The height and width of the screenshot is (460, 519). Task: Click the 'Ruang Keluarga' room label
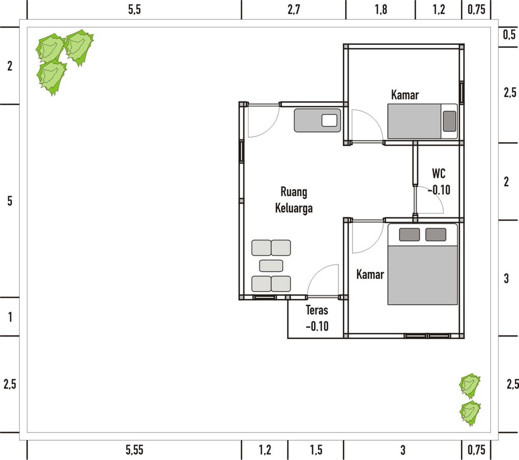294,200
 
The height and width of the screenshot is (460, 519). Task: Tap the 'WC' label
439,173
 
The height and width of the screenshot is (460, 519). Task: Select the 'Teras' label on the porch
317,310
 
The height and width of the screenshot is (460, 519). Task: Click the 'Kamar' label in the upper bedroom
405,95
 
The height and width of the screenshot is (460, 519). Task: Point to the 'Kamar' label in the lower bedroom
370,274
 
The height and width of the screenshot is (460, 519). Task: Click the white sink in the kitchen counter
330,120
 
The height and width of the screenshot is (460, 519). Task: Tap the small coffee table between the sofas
271,266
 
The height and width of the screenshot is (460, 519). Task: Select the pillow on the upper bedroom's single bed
449,121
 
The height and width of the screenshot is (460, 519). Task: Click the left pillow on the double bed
409,234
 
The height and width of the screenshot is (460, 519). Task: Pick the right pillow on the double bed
435,234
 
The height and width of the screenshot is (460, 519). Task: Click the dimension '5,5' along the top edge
134,9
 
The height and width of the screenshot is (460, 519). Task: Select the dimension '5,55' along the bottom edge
134,450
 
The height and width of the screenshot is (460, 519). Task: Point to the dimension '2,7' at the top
294,9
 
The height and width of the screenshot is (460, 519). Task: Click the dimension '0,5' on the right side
510,34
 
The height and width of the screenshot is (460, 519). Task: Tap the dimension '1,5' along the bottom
316,450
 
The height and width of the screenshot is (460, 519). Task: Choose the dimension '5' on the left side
10,201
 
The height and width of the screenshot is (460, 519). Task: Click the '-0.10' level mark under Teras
317,326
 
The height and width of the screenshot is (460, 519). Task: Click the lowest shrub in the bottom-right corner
470,413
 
